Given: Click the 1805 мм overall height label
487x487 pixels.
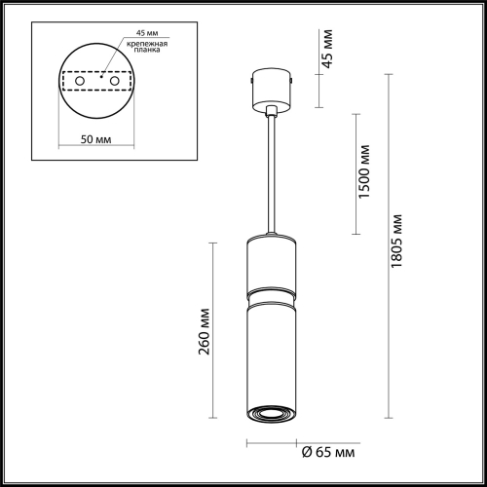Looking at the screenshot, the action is coord(396,241).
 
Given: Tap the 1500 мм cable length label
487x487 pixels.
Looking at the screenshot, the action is coord(363,171).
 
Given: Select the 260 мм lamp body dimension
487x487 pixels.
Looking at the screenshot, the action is coord(205,331).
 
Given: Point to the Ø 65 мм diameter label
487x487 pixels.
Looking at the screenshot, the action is coord(328,452).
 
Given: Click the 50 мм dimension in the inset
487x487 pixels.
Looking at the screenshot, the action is coord(95,139).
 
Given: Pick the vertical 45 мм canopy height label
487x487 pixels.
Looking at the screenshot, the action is coord(327,49).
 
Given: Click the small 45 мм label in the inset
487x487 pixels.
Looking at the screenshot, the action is coord(147,33).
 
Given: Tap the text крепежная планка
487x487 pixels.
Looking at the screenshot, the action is coord(147,47).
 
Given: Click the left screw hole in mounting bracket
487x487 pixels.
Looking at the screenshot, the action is coord(80,81).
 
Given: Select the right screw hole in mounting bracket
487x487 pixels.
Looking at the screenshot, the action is coord(114,81).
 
